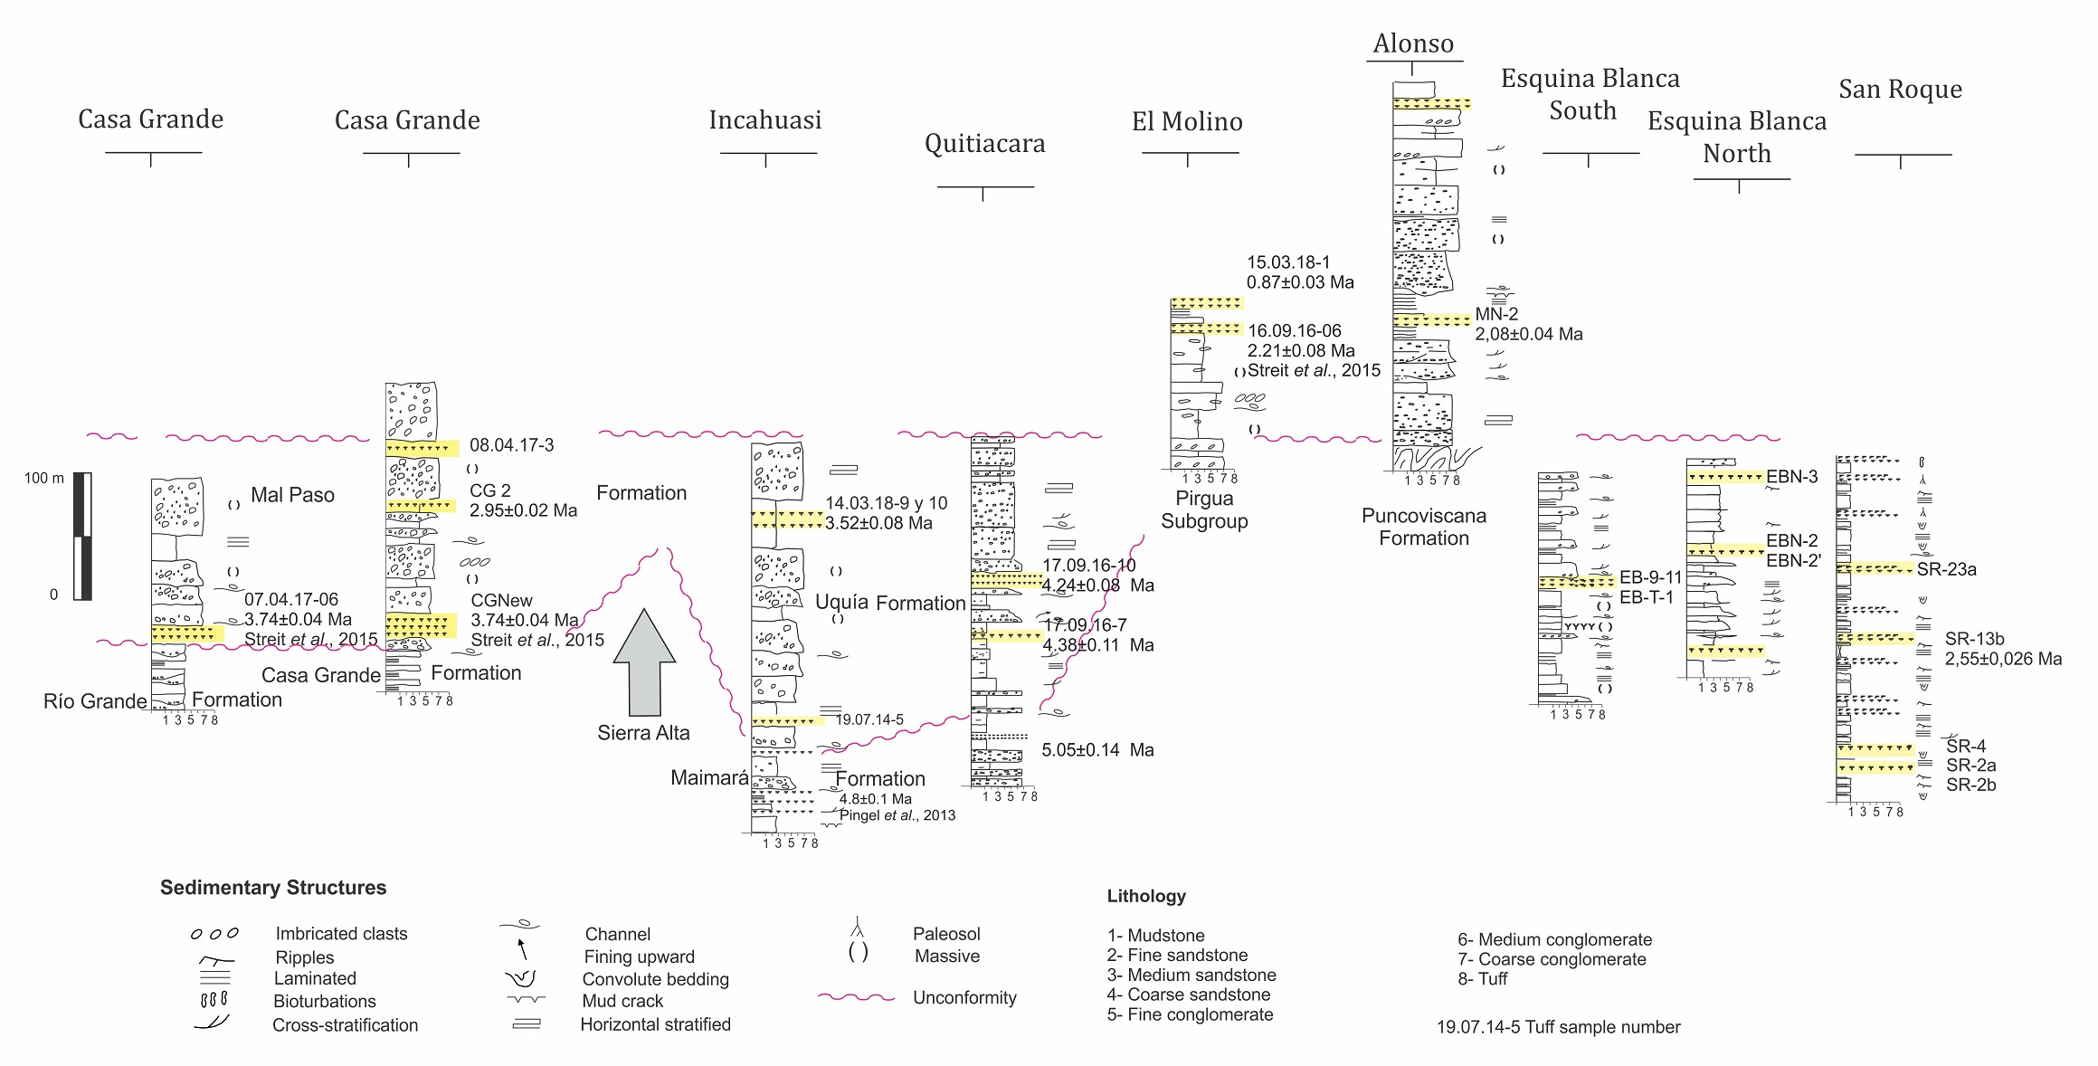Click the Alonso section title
pyautogui.click(x=1413, y=43)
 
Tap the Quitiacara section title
pyautogui.click(x=984, y=143)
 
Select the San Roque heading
pyautogui.click(x=1900, y=90)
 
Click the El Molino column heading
pyautogui.click(x=1187, y=121)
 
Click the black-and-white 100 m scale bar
pyautogui.click(x=82, y=536)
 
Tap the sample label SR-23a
pyautogui.click(x=1946, y=569)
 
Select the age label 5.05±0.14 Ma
pyautogui.click(x=1097, y=750)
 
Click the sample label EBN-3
pyautogui.click(x=1791, y=477)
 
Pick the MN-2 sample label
pyautogui.click(x=1496, y=314)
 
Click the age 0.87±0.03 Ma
pyautogui.click(x=1300, y=282)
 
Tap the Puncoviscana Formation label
pyautogui.click(x=1423, y=527)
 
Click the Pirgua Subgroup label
pyautogui.click(x=1204, y=509)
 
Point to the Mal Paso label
pyautogui.click(x=292, y=495)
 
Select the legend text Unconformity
pyautogui.click(x=964, y=997)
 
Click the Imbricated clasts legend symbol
pyautogui.click(x=214, y=934)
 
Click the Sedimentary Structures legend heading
pyautogui.click(x=273, y=888)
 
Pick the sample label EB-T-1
pyautogui.click(x=1647, y=597)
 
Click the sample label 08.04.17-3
pyautogui.click(x=511, y=445)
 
